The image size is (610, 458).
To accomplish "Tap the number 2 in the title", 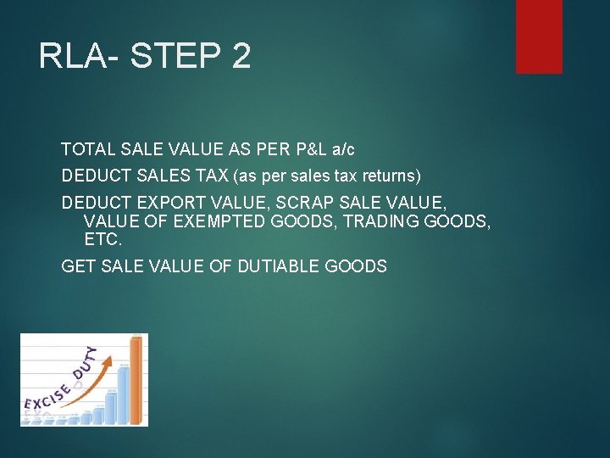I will coord(240,56).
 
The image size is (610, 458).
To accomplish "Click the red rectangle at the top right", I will coord(539,36).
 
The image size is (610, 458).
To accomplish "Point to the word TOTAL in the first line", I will coord(86,150).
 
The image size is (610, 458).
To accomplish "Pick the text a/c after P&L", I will coord(343,150).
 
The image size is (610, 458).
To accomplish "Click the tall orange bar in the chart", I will coord(136,379).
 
